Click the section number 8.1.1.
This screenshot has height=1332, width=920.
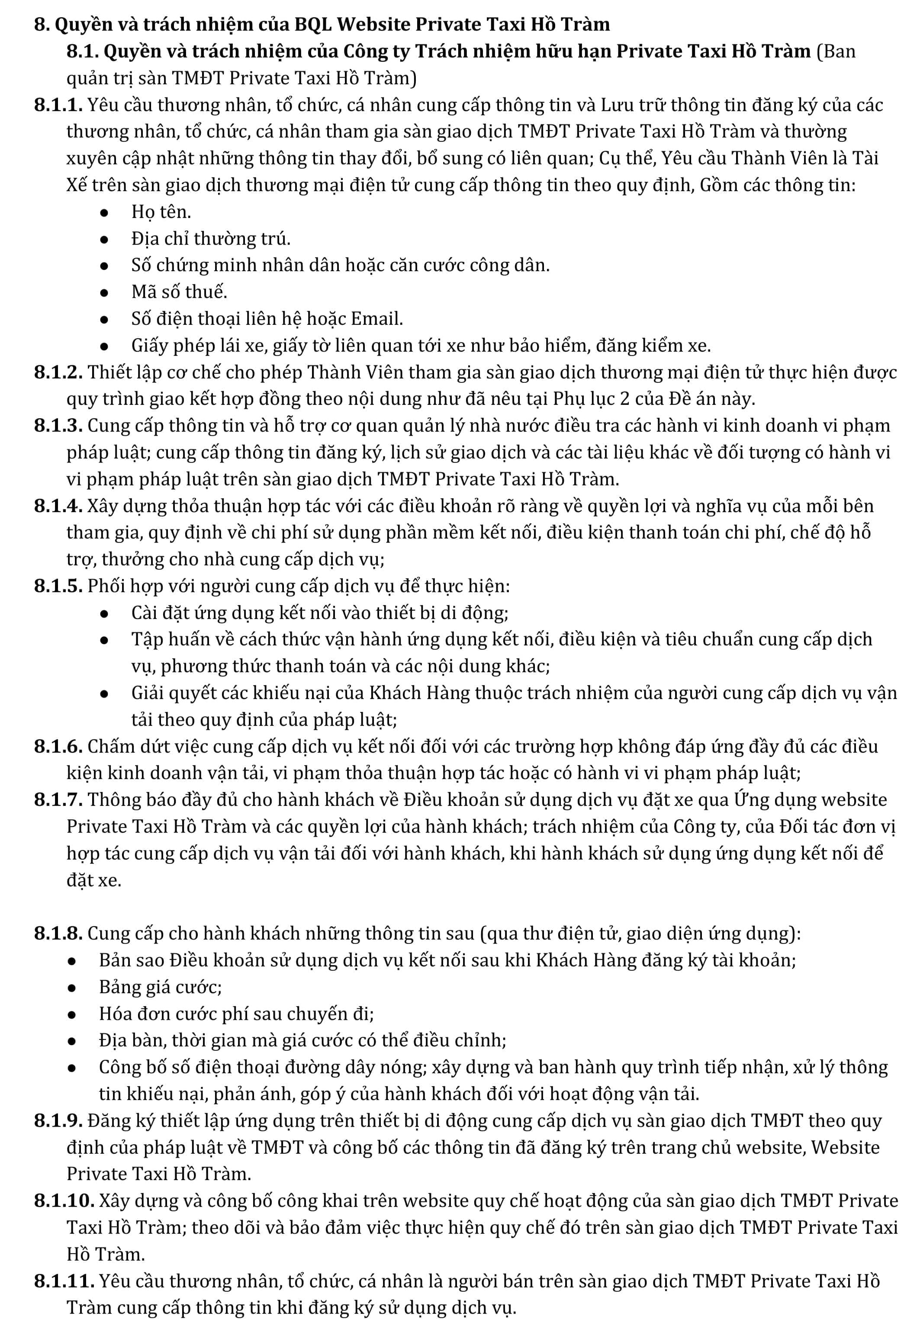pos(58,106)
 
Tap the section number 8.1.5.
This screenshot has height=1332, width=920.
pos(58,586)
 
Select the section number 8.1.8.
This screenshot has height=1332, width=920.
pos(58,933)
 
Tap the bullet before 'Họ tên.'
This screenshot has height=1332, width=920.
pos(104,212)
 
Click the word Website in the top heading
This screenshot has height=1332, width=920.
pos(373,25)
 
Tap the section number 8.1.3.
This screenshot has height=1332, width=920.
pos(58,426)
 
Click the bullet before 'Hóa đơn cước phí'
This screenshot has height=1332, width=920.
pos(72,1014)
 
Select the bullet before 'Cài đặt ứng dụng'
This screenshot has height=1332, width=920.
pos(104,613)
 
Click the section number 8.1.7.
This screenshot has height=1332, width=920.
pos(58,799)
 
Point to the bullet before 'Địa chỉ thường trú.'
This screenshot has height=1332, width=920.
pos(104,239)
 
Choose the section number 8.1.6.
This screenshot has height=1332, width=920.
pos(58,747)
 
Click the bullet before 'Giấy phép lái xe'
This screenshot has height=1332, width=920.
pos(104,346)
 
